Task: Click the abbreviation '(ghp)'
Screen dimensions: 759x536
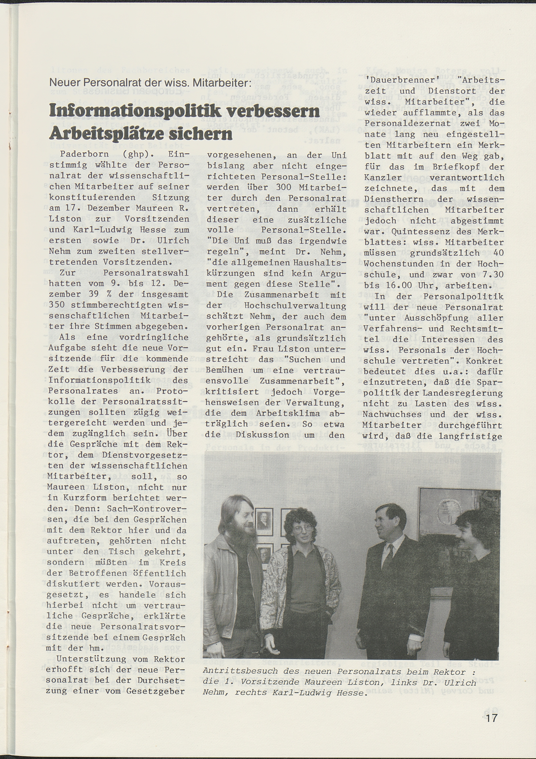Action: point(134,155)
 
